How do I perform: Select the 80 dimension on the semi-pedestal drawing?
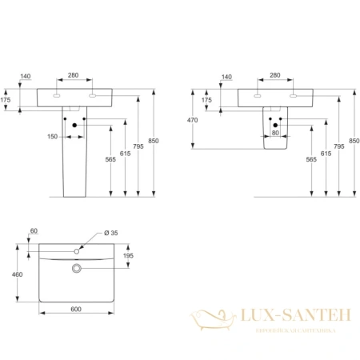click(x=276, y=134)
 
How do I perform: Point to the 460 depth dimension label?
click(x=18, y=274)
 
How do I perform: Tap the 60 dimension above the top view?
click(x=33, y=231)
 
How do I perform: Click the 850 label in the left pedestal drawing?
click(x=154, y=141)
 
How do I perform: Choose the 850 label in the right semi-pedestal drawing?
click(x=350, y=141)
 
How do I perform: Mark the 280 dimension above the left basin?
click(x=74, y=75)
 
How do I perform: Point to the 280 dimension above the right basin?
click(x=275, y=75)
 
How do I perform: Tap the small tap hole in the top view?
click(x=77, y=251)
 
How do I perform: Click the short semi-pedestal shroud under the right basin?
click(x=274, y=128)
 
